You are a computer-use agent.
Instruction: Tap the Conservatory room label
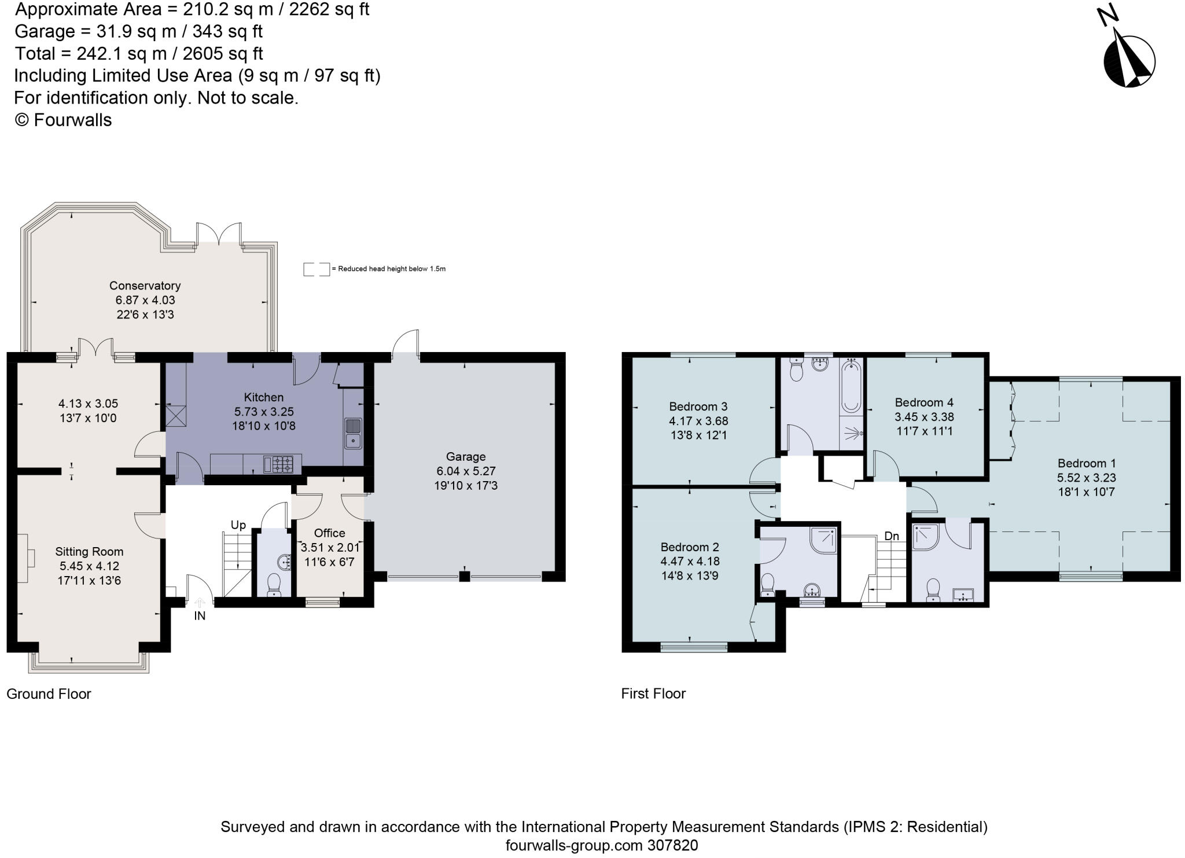(x=145, y=285)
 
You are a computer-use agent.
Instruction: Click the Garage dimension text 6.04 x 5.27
(x=466, y=471)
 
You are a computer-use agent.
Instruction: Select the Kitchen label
(x=263, y=397)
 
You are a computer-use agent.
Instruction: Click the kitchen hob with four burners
(x=282, y=464)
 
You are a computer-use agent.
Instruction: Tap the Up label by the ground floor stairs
(x=238, y=525)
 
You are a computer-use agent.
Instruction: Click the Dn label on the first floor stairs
(x=891, y=536)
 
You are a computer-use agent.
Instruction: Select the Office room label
(x=329, y=533)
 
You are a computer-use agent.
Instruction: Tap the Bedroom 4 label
(x=924, y=402)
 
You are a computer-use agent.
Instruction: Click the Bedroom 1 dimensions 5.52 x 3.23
(x=1086, y=478)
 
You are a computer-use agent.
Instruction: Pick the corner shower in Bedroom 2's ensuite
(x=823, y=540)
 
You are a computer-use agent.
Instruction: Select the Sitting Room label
(x=89, y=552)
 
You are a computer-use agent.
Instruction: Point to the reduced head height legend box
(x=317, y=269)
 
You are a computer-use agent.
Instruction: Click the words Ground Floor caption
(x=49, y=694)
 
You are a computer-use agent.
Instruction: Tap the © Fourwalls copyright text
(x=63, y=120)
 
